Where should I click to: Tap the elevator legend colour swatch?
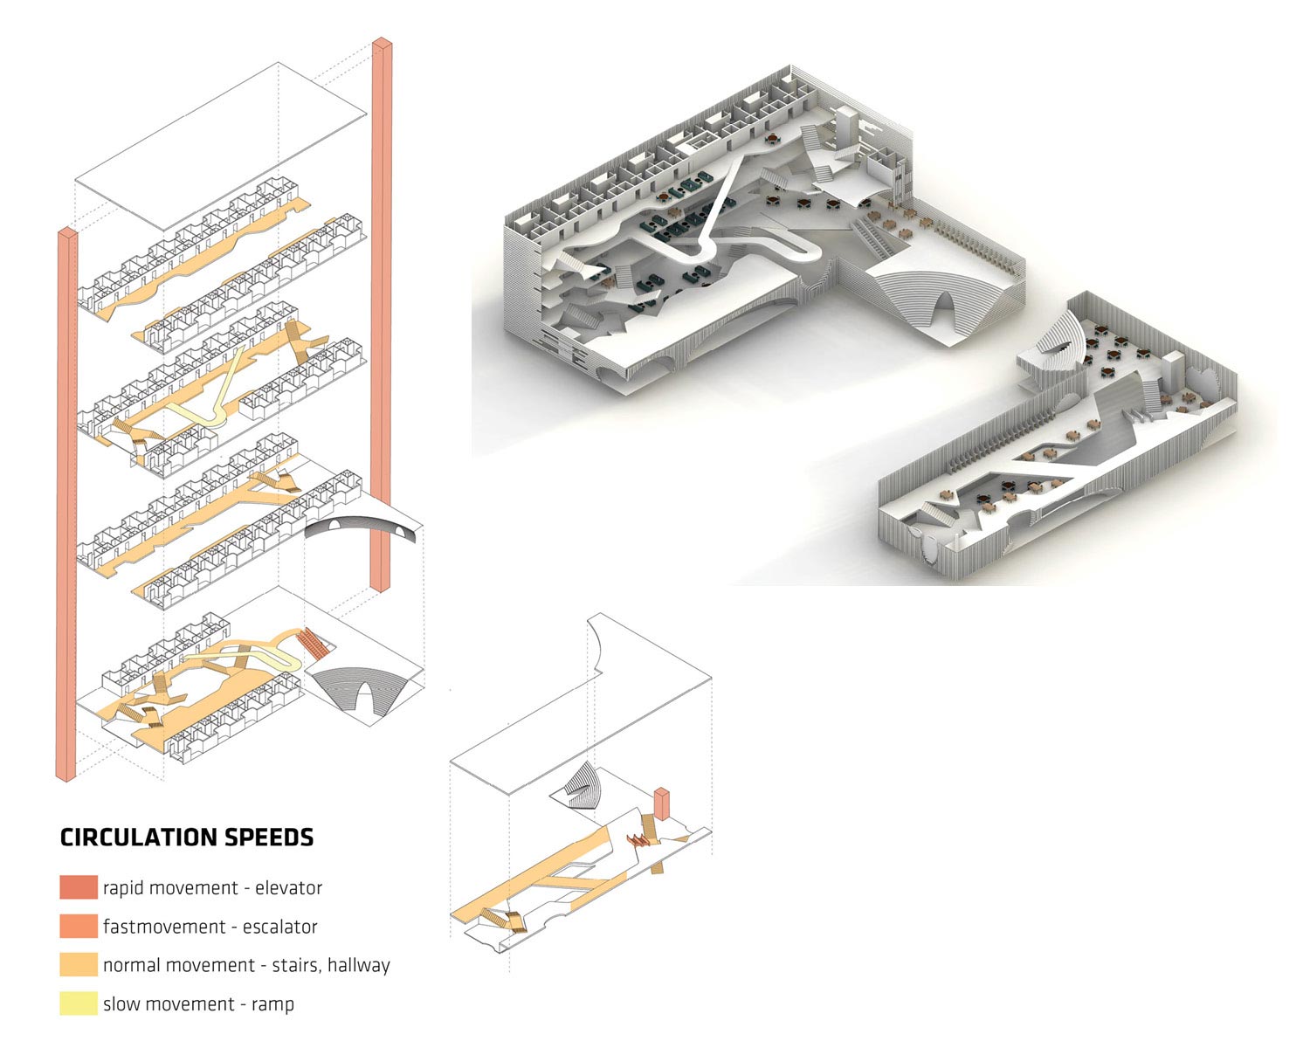pos(79,887)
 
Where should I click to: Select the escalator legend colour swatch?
pos(79,927)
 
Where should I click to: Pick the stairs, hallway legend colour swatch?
pos(79,964)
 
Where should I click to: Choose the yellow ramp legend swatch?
pos(79,1003)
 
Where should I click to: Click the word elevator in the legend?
pos(288,888)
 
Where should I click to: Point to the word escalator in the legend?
pos(280,927)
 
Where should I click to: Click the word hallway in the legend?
pos(359,966)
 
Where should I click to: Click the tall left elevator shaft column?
pos(66,504)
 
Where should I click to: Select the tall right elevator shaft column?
pos(382,314)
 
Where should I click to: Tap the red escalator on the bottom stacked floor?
pos(313,643)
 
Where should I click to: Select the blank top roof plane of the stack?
pos(220,146)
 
